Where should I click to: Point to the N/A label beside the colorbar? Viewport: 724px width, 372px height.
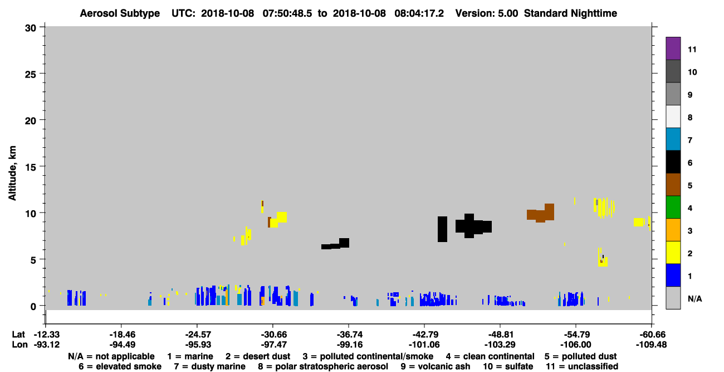pos(694,298)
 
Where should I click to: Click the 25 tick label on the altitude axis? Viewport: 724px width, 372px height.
pos(31,75)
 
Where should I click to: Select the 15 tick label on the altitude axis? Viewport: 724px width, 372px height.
pos(31,167)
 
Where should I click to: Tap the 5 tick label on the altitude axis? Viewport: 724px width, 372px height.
pos(33,260)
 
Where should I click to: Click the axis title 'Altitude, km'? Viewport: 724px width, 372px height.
pos(12,173)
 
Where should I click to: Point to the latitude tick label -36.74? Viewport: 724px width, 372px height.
pos(349,335)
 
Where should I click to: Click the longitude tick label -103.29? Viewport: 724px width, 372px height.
pos(500,345)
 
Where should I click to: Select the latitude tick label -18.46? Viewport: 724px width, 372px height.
pos(122,335)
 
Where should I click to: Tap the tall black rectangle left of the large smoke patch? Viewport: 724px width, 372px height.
pos(443,229)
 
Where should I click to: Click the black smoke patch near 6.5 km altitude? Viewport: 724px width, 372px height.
pos(335,244)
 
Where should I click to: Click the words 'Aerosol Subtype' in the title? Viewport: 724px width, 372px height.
pos(120,13)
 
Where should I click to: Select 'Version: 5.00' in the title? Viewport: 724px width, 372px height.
pos(487,13)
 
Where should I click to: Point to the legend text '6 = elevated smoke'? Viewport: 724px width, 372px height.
pos(120,366)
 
